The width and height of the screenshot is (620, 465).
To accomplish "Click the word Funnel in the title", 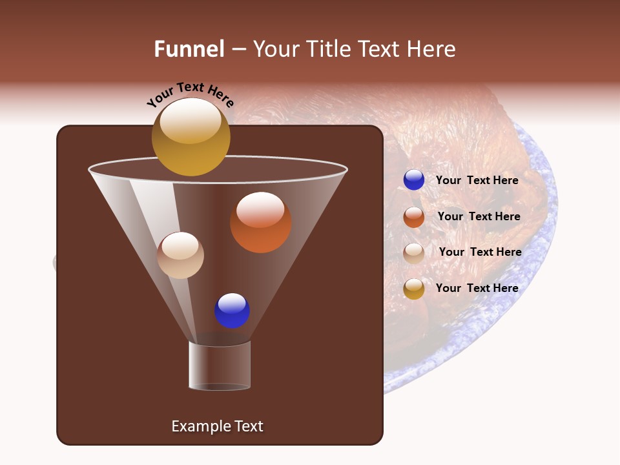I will (x=189, y=49).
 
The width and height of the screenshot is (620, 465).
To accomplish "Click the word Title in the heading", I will (x=327, y=49).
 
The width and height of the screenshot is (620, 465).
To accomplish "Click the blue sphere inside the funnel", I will (x=232, y=311).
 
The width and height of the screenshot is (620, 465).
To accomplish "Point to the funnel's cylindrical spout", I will (x=220, y=366).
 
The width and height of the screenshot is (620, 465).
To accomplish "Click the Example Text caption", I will (x=217, y=426).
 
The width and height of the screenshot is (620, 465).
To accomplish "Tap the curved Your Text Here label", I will (x=191, y=94).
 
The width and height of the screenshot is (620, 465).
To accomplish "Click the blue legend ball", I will (x=414, y=180).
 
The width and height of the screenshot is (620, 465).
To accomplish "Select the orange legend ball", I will (x=414, y=217).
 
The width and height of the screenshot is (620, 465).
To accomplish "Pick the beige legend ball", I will (x=414, y=253).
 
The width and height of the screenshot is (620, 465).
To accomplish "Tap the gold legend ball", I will (x=414, y=289).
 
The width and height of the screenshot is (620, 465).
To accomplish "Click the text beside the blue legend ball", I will (x=477, y=180).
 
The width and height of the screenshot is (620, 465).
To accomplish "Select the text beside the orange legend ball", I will (x=479, y=216).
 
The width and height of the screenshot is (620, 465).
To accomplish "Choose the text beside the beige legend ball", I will (x=480, y=252).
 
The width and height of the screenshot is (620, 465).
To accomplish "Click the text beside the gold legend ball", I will (x=477, y=288).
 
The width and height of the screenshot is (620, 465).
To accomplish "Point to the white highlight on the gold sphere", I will (x=191, y=120).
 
